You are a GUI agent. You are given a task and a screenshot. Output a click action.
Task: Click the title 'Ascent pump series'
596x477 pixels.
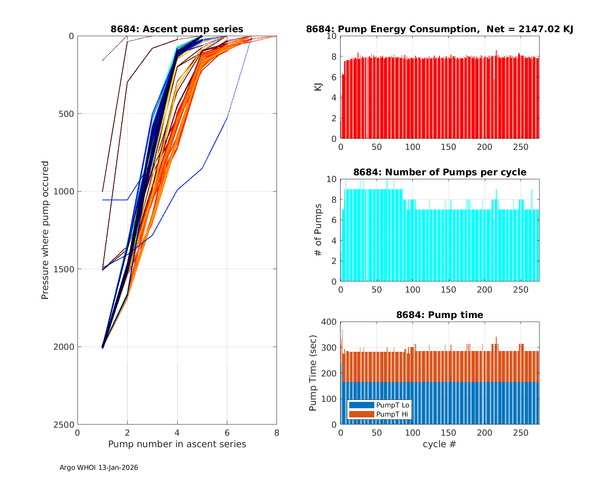[177, 29]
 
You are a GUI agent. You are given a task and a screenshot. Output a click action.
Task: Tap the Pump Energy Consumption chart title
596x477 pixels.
[439, 29]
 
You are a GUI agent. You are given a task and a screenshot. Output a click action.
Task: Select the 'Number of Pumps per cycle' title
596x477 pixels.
[439, 172]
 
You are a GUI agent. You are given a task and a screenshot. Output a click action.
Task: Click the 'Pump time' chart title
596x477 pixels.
[439, 315]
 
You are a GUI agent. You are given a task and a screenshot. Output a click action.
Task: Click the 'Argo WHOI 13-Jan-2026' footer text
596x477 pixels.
[99, 467]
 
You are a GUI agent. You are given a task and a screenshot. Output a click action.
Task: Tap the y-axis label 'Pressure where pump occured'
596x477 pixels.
[45, 230]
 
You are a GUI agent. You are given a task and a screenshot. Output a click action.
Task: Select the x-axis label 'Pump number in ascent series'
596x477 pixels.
[177, 444]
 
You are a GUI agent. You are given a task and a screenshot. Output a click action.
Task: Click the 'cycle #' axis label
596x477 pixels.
[439, 444]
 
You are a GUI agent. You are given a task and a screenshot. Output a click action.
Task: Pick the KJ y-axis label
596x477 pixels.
[318, 87]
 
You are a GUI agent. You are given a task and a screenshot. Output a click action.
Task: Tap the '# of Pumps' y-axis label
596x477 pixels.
[317, 230]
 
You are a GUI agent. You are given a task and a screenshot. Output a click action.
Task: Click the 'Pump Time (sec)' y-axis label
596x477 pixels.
[313, 373]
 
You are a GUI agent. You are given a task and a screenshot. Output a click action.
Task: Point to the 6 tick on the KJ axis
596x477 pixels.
[333, 77]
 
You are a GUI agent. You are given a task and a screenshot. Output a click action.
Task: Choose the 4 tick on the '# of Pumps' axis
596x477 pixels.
[333, 240]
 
